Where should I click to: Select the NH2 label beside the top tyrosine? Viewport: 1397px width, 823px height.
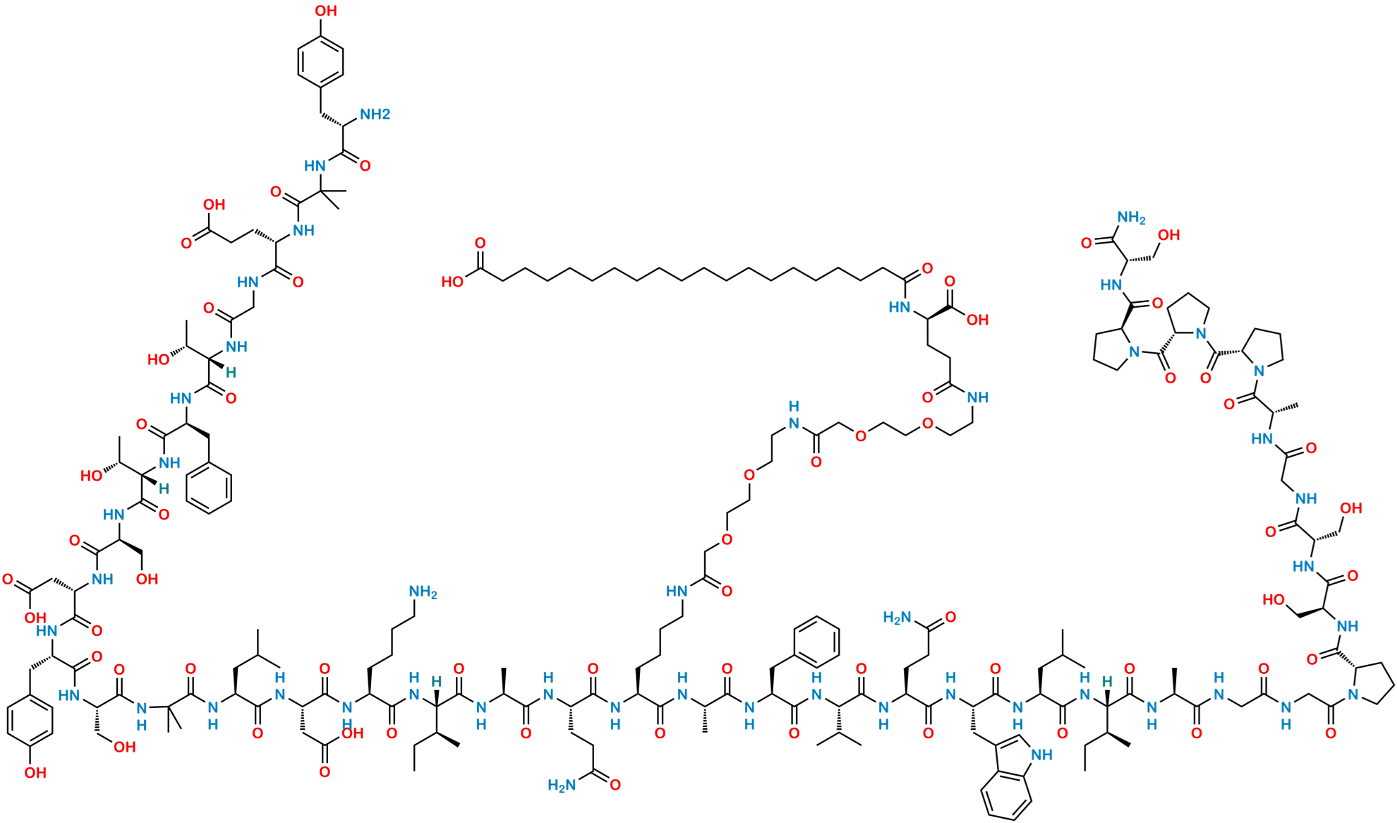tap(375, 114)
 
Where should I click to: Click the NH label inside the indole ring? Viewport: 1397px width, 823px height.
tap(1043, 756)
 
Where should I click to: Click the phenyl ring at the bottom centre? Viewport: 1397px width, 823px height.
tap(817, 639)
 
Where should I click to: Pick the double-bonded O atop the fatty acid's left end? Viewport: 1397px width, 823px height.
tap(480, 244)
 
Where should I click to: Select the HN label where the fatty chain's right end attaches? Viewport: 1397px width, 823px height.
tap(899, 307)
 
